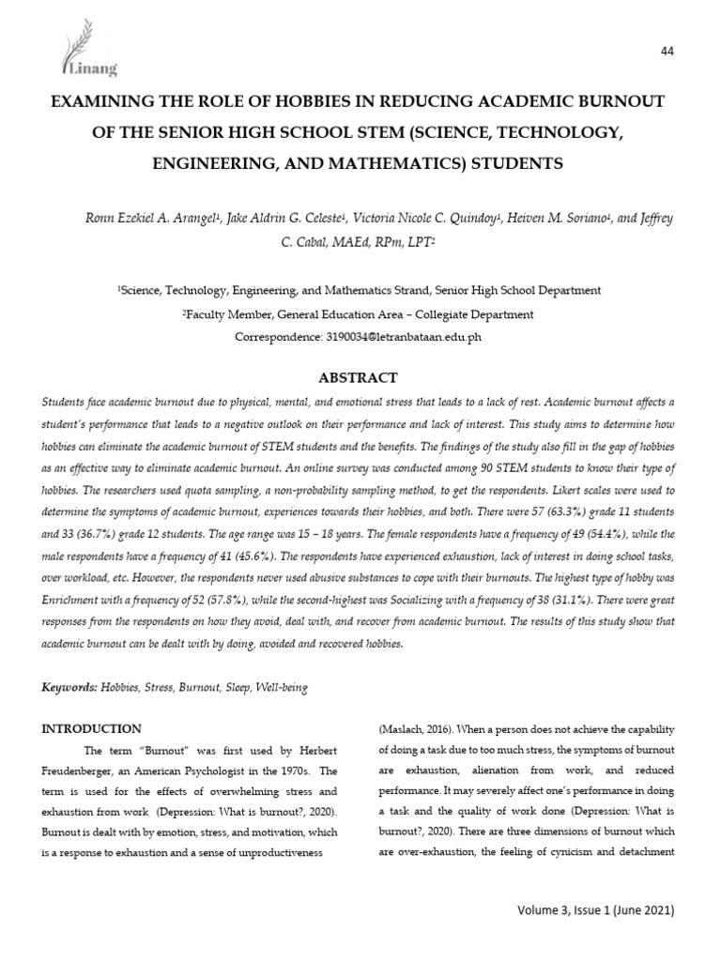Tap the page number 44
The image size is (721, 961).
click(668, 51)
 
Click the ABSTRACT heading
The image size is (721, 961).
click(360, 378)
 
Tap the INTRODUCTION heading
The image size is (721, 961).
click(94, 728)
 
